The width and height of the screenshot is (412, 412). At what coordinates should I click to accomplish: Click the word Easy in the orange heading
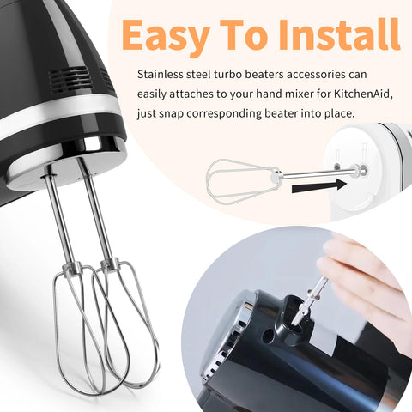166,36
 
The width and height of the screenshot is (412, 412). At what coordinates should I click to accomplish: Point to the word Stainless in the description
161,75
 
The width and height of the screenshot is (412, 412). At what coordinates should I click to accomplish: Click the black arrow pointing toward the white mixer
319,186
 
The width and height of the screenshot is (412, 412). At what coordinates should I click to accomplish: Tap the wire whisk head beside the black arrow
242,181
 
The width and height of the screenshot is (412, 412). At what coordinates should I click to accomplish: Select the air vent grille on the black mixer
70,78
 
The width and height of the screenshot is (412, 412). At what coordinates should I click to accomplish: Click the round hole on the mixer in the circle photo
269,336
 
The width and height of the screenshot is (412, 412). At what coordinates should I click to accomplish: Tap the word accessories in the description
316,75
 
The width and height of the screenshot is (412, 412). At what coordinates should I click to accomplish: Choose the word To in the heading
244,34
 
